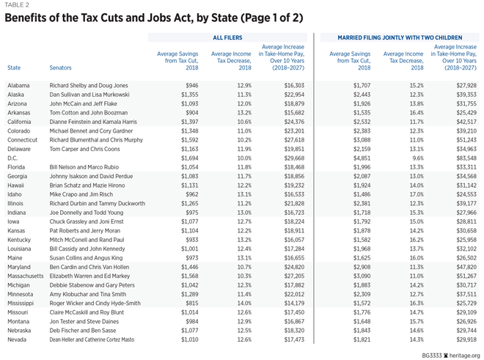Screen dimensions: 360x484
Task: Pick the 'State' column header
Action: point(13,68)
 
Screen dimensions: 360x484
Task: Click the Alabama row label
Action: point(18,85)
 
